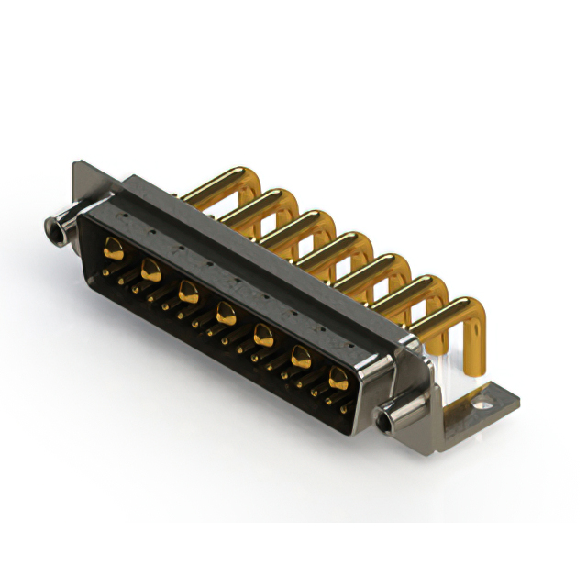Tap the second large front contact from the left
coord(150,269)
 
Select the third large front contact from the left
coord(188,292)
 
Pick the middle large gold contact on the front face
coord(226,315)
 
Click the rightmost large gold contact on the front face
coord(338,376)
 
